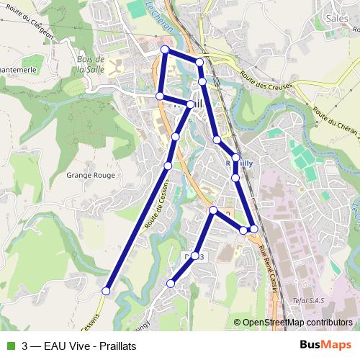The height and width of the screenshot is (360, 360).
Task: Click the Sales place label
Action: tap(336, 19)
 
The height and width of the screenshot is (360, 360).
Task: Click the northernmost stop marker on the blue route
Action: tap(165, 50)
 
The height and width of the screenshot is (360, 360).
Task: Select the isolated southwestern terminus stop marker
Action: tap(106, 291)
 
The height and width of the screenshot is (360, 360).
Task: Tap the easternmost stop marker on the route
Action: tap(253, 229)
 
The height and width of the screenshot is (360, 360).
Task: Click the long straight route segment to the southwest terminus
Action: tap(137, 228)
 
